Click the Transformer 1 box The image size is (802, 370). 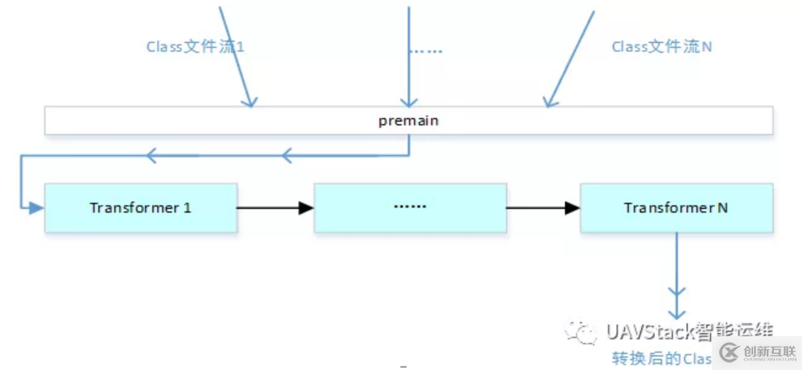click(x=141, y=208)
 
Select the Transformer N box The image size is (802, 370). click(x=676, y=208)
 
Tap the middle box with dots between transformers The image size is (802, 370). click(x=410, y=208)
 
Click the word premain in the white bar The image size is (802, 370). click(x=408, y=120)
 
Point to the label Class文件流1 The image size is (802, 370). click(x=195, y=47)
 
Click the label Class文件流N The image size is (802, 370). click(x=662, y=47)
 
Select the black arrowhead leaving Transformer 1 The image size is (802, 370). click(x=306, y=208)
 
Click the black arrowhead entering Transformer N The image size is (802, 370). click(x=572, y=208)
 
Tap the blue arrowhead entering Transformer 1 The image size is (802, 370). click(x=36, y=208)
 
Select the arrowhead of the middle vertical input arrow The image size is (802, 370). click(x=409, y=101)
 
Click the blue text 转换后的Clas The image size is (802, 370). click(x=661, y=358)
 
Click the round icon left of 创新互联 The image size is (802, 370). click(x=730, y=353)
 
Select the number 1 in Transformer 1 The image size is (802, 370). click(x=187, y=208)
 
